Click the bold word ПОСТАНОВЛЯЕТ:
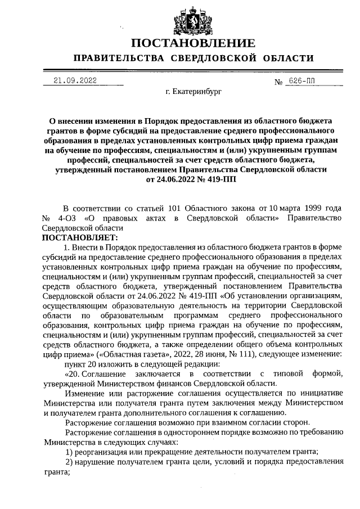pyautogui.click(x=76, y=237)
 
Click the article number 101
pyautogui.click(x=170, y=209)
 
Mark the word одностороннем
pyautogui.click(x=165, y=432)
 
